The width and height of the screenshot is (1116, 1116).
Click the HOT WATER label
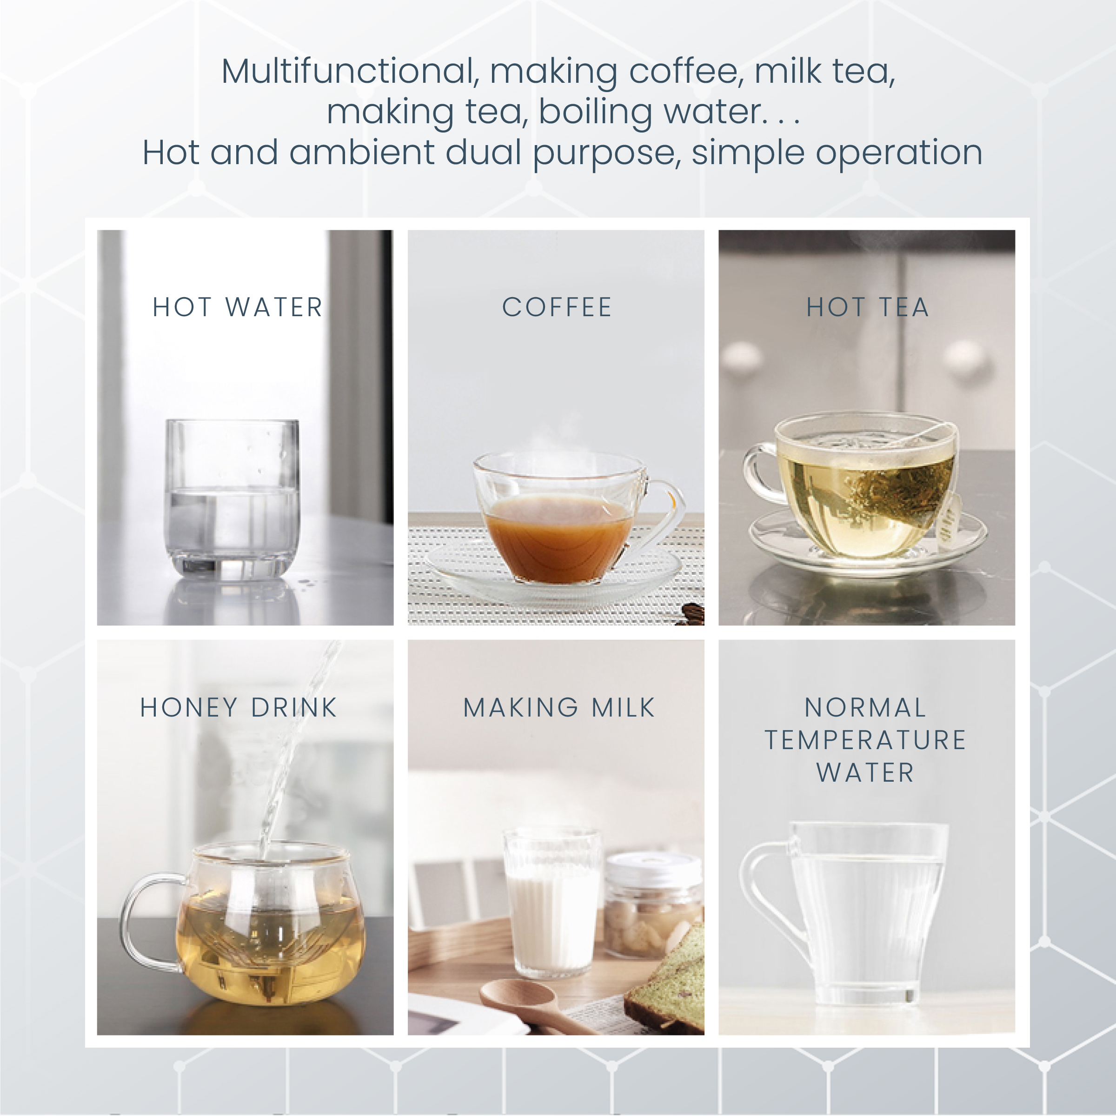tap(238, 307)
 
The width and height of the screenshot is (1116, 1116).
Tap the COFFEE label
tap(557, 307)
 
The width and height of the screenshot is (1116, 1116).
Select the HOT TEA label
tap(867, 307)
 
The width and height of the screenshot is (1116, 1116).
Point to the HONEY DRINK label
tap(239, 708)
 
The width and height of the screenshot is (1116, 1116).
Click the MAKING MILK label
tap(559, 708)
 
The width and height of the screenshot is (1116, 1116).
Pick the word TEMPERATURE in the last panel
tap(865, 740)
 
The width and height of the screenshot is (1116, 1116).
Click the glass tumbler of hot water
tap(232, 500)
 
